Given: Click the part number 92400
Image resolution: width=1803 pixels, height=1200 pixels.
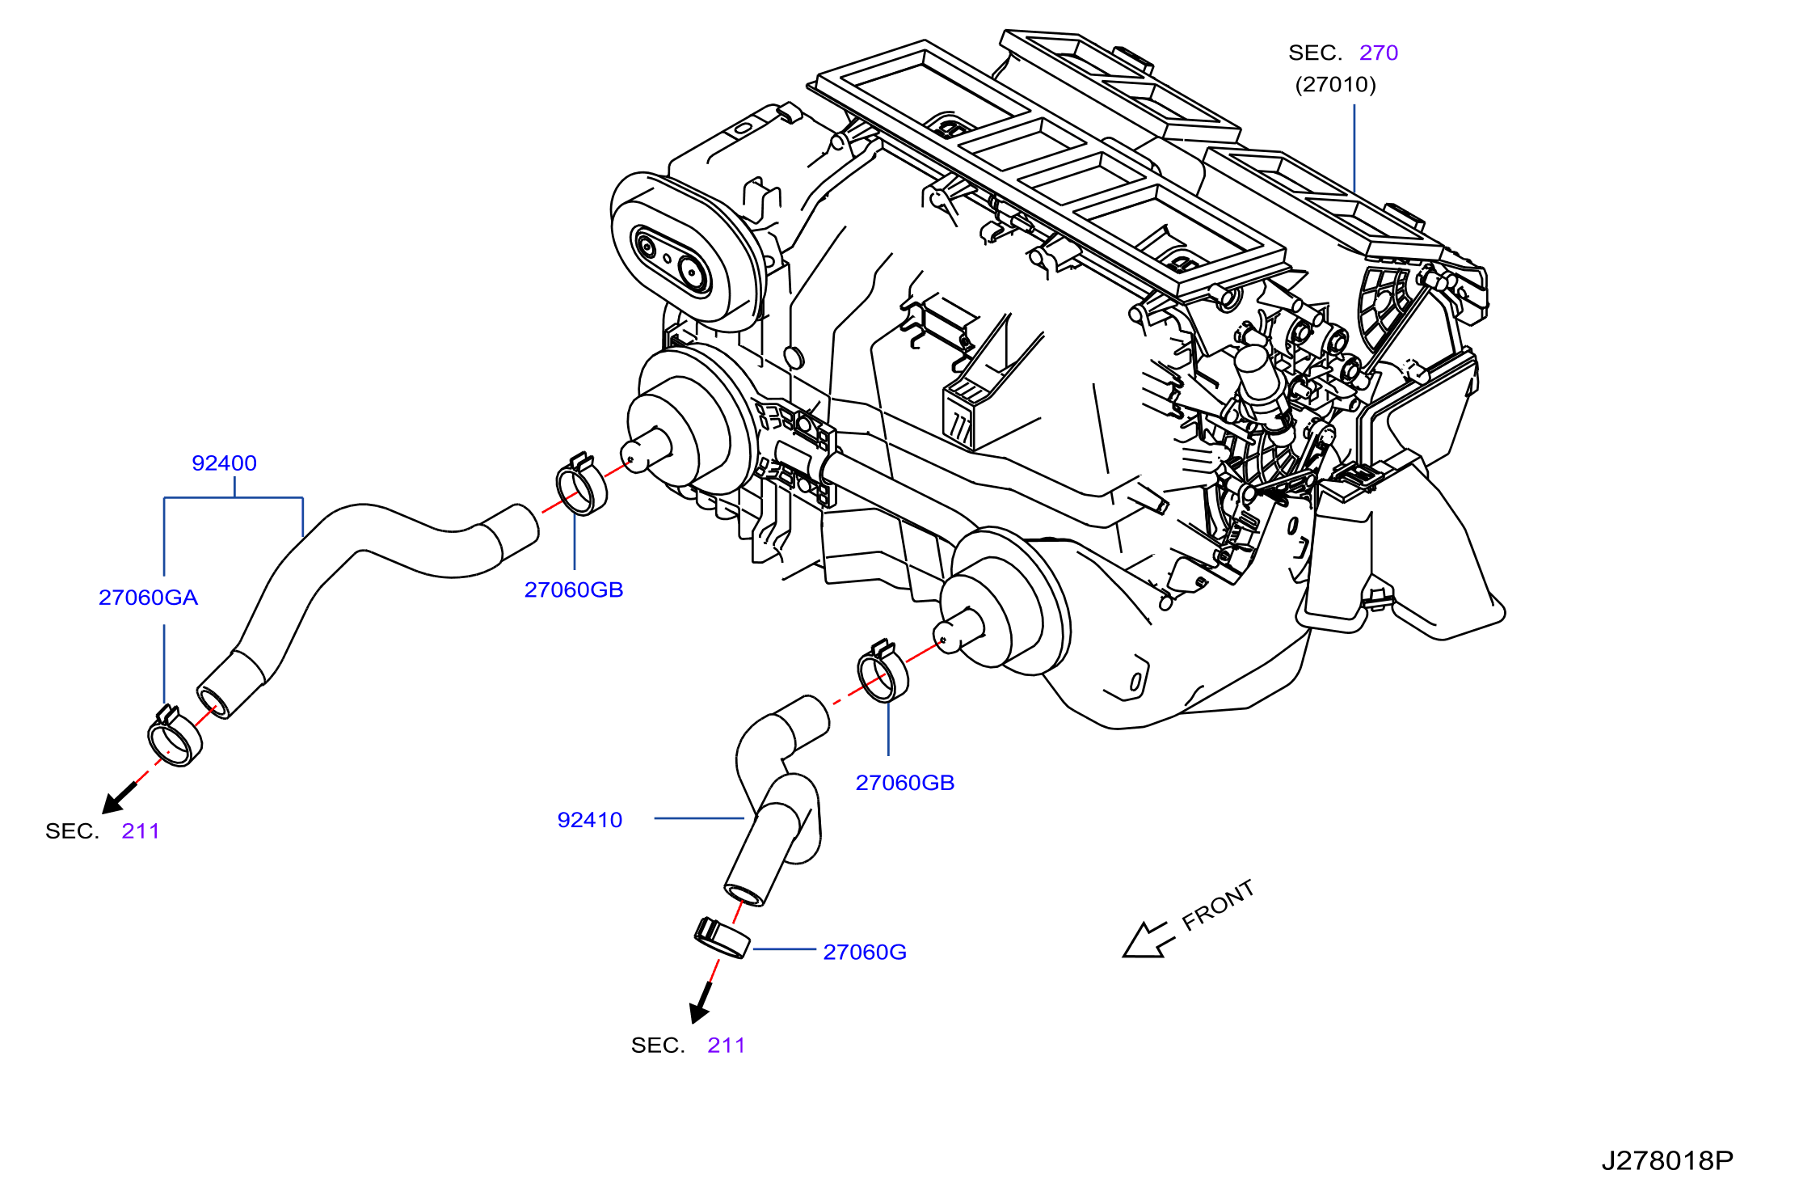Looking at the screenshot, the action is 224,463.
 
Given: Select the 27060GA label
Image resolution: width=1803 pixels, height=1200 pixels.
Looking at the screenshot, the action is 148,598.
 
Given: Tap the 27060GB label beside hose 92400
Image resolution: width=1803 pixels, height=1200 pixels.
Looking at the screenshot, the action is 574,590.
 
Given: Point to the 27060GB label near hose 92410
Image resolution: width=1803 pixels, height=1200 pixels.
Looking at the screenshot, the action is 905,783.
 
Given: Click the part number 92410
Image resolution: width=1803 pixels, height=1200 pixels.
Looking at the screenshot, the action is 590,820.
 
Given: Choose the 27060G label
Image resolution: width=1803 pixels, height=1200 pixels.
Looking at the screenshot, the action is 865,953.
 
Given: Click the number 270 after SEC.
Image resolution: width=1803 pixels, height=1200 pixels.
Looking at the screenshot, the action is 1379,53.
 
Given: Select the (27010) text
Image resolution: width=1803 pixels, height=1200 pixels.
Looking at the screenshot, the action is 1335,85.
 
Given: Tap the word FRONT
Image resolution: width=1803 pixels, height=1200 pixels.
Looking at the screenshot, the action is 1218,905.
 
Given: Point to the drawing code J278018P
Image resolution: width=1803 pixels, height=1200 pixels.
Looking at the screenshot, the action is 1667,1161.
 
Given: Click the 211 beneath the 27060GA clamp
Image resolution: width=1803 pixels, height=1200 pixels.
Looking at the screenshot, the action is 141,831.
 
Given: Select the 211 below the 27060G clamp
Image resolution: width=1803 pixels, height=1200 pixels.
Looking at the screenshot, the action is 727,1046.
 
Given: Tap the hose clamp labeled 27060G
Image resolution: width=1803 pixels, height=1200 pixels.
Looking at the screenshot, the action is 722,938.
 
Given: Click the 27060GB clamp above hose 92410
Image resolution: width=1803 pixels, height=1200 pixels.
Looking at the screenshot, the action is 883,670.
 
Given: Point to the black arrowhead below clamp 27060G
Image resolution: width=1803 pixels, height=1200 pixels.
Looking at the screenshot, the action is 699,1010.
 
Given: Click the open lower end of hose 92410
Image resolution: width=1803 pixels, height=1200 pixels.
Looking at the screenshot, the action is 744,895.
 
